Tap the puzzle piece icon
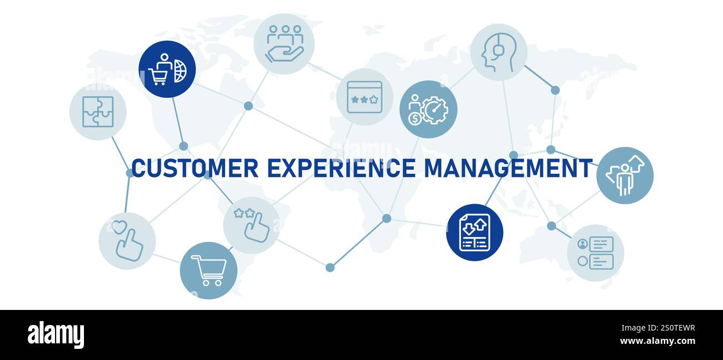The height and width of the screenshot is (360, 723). (98, 112)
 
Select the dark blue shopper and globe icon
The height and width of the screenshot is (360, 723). (167, 70)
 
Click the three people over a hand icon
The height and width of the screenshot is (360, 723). (284, 44)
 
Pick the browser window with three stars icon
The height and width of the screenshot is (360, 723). (364, 97)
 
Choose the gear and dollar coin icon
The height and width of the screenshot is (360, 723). (428, 110)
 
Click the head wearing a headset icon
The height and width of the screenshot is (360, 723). (498, 52)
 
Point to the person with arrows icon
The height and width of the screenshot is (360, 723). (625, 175)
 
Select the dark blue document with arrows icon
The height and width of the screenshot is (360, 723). (474, 232)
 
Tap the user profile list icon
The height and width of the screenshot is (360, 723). (595, 253)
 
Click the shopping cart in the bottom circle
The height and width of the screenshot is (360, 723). (209, 270)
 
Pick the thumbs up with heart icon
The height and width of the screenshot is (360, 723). (127, 241)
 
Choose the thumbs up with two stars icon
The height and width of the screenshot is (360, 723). (251, 225)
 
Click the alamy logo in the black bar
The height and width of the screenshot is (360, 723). (56, 335)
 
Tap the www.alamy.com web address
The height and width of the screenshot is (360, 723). (657, 341)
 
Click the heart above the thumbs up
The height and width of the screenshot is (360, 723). (118, 227)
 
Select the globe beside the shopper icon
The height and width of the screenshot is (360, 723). (180, 71)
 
